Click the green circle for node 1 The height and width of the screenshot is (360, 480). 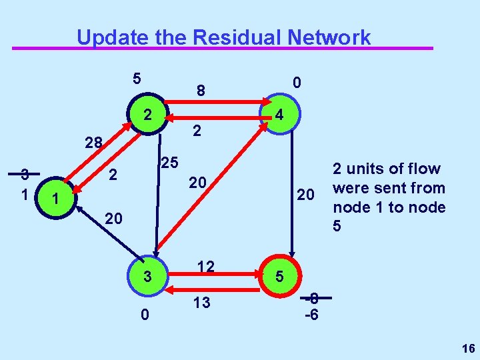(57, 199)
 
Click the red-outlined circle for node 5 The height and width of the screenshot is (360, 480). (280, 275)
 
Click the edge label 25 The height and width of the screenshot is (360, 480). (169, 162)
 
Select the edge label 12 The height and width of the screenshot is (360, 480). (205, 267)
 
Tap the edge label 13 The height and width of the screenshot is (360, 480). (202, 303)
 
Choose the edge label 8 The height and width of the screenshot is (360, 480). (199, 89)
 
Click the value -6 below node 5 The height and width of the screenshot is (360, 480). (311, 313)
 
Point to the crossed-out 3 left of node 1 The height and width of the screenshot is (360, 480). (25, 175)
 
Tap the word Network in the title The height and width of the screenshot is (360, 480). (329, 37)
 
